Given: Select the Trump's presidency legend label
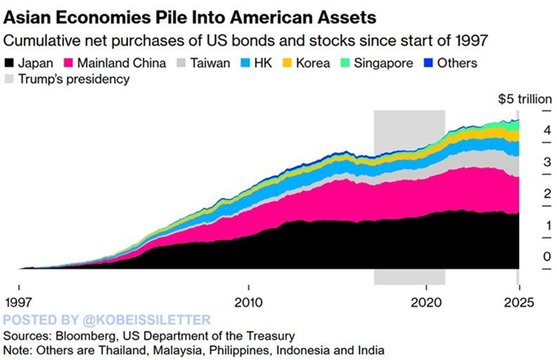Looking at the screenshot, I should pos(74,79).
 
